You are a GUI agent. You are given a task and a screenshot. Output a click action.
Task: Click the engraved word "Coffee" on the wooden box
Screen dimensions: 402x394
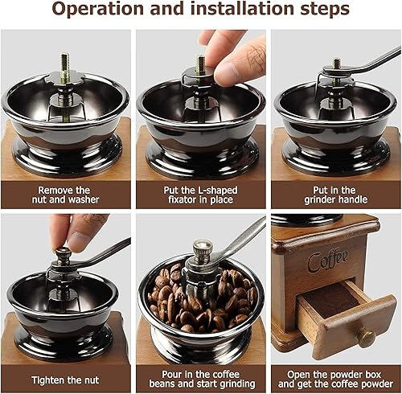pyautogui.click(x=328, y=261)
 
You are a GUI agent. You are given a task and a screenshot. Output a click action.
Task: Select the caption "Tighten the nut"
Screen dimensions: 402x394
pyautogui.click(x=65, y=380)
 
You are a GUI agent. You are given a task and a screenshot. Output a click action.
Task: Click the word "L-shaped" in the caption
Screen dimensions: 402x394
pyautogui.click(x=218, y=191)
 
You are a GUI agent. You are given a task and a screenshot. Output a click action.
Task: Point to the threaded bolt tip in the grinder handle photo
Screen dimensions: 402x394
pyautogui.click(x=336, y=64)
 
